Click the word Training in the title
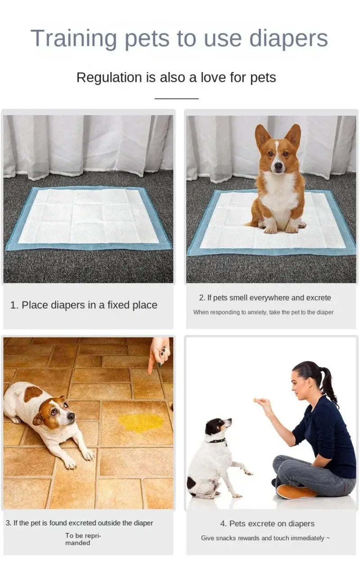pyautogui.click(x=74, y=39)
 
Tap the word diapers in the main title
pyautogui.click(x=288, y=39)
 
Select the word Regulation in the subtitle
pyautogui.click(x=109, y=77)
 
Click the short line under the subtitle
pyautogui.click(x=176, y=98)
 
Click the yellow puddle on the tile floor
pyautogui.click(x=141, y=422)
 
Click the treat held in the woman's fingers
pyautogui.click(x=256, y=400)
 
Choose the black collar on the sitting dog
pyautogui.click(x=218, y=441)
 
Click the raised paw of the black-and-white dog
pyautogui.click(x=247, y=472)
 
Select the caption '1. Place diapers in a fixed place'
pyautogui.click(x=84, y=305)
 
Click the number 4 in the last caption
pyautogui.click(x=223, y=524)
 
